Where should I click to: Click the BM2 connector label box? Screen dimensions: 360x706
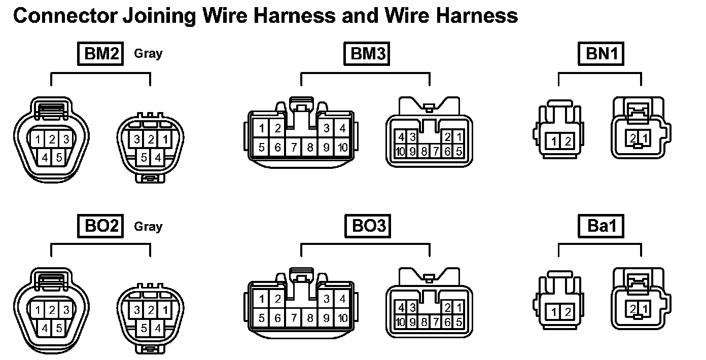(x=101, y=54)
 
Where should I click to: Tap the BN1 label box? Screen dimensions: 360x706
(x=601, y=54)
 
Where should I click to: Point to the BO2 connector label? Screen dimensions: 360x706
(x=101, y=226)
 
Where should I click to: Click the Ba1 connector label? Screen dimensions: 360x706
(x=601, y=226)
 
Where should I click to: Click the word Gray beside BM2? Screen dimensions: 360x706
(x=148, y=54)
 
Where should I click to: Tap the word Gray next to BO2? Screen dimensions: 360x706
(x=148, y=226)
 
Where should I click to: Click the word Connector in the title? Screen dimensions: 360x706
(x=65, y=16)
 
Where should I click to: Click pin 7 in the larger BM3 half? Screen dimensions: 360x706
(x=294, y=148)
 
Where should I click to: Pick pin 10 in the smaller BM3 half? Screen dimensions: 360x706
(x=401, y=151)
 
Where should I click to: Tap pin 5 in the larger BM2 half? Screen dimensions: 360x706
(x=59, y=158)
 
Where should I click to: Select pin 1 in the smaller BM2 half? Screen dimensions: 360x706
(x=166, y=139)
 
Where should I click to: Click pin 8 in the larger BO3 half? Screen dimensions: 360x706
(x=310, y=319)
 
